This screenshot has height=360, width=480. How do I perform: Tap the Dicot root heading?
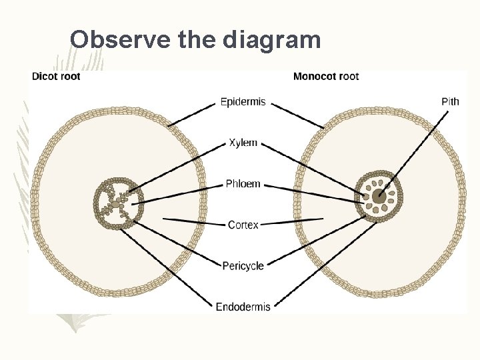(x=56, y=76)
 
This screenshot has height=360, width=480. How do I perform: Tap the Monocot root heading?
(x=326, y=76)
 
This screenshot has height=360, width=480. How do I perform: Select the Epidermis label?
(x=243, y=102)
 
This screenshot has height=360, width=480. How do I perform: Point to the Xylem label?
(x=243, y=143)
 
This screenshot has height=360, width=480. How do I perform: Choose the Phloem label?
(x=243, y=184)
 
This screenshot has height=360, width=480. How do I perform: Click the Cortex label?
(x=243, y=225)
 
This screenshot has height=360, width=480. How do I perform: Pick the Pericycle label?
(x=243, y=265)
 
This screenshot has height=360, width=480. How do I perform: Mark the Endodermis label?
(x=243, y=307)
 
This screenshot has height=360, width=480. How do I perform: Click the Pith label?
(x=450, y=102)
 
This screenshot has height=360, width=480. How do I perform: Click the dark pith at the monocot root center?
(x=379, y=196)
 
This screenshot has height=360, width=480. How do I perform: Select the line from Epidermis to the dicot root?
(x=193, y=114)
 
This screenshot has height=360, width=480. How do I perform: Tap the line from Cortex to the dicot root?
(x=193, y=221)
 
